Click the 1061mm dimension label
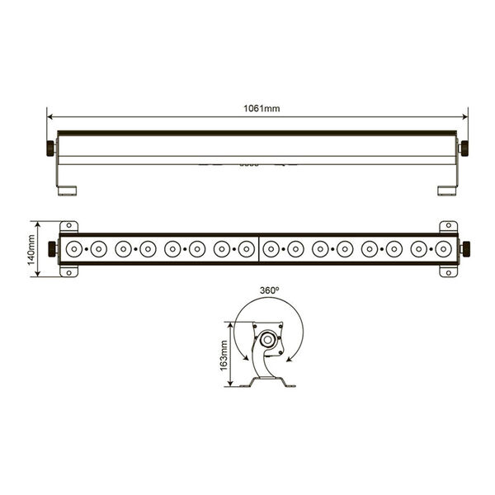(x=262, y=109)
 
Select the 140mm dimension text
(x=31, y=250)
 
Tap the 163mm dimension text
(x=224, y=356)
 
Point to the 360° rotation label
(x=269, y=290)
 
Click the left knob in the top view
(x=50, y=148)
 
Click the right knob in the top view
(x=464, y=148)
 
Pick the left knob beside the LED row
(x=52, y=249)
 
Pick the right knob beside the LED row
(x=466, y=249)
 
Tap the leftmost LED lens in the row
(x=74, y=249)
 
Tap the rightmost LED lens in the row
(x=443, y=249)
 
